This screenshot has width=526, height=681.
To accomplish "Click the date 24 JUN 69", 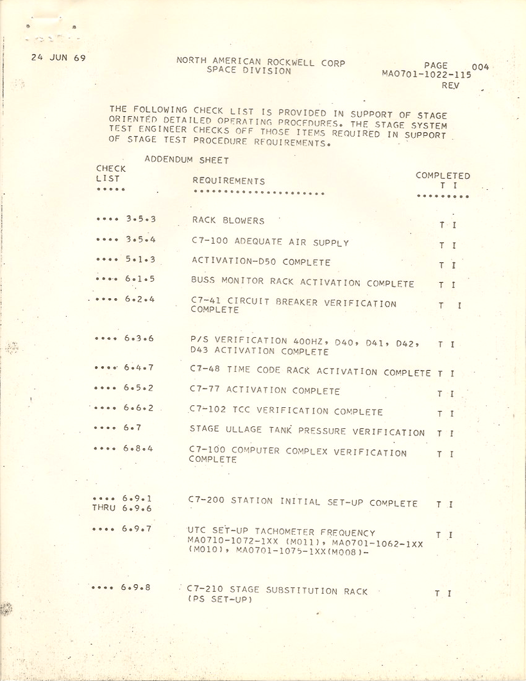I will [58, 58].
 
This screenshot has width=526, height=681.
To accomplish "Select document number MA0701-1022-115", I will [426, 74].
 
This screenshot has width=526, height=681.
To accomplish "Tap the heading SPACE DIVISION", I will [249, 71].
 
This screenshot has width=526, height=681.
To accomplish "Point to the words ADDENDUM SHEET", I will [187, 160].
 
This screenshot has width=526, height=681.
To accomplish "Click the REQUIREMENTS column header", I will [228, 181].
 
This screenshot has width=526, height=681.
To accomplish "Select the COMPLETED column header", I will [443, 176].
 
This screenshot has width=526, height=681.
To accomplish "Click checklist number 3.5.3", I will [141, 220].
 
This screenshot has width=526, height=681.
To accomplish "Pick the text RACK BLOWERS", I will [228, 221].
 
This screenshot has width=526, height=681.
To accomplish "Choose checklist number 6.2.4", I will [140, 299].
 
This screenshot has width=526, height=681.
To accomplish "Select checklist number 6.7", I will [131, 429].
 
